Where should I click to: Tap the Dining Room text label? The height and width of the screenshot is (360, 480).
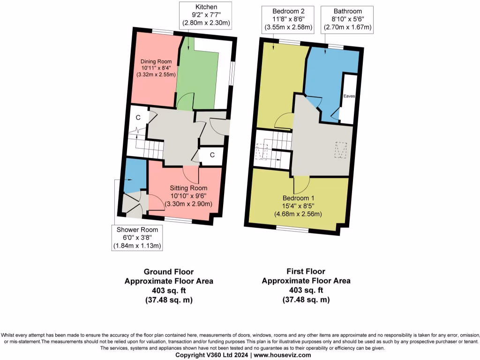pos(156,61)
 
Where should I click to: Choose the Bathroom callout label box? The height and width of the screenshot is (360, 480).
pos(347,19)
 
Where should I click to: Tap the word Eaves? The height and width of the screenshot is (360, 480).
pos(349,96)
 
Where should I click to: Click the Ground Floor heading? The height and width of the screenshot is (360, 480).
pos(168,271)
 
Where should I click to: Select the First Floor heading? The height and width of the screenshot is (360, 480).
pos(306,271)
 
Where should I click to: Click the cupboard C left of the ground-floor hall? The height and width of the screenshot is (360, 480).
pos(138,118)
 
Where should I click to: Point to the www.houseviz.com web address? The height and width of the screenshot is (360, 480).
pos(282,355)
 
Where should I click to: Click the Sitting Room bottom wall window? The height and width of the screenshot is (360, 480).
pos(178,219)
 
